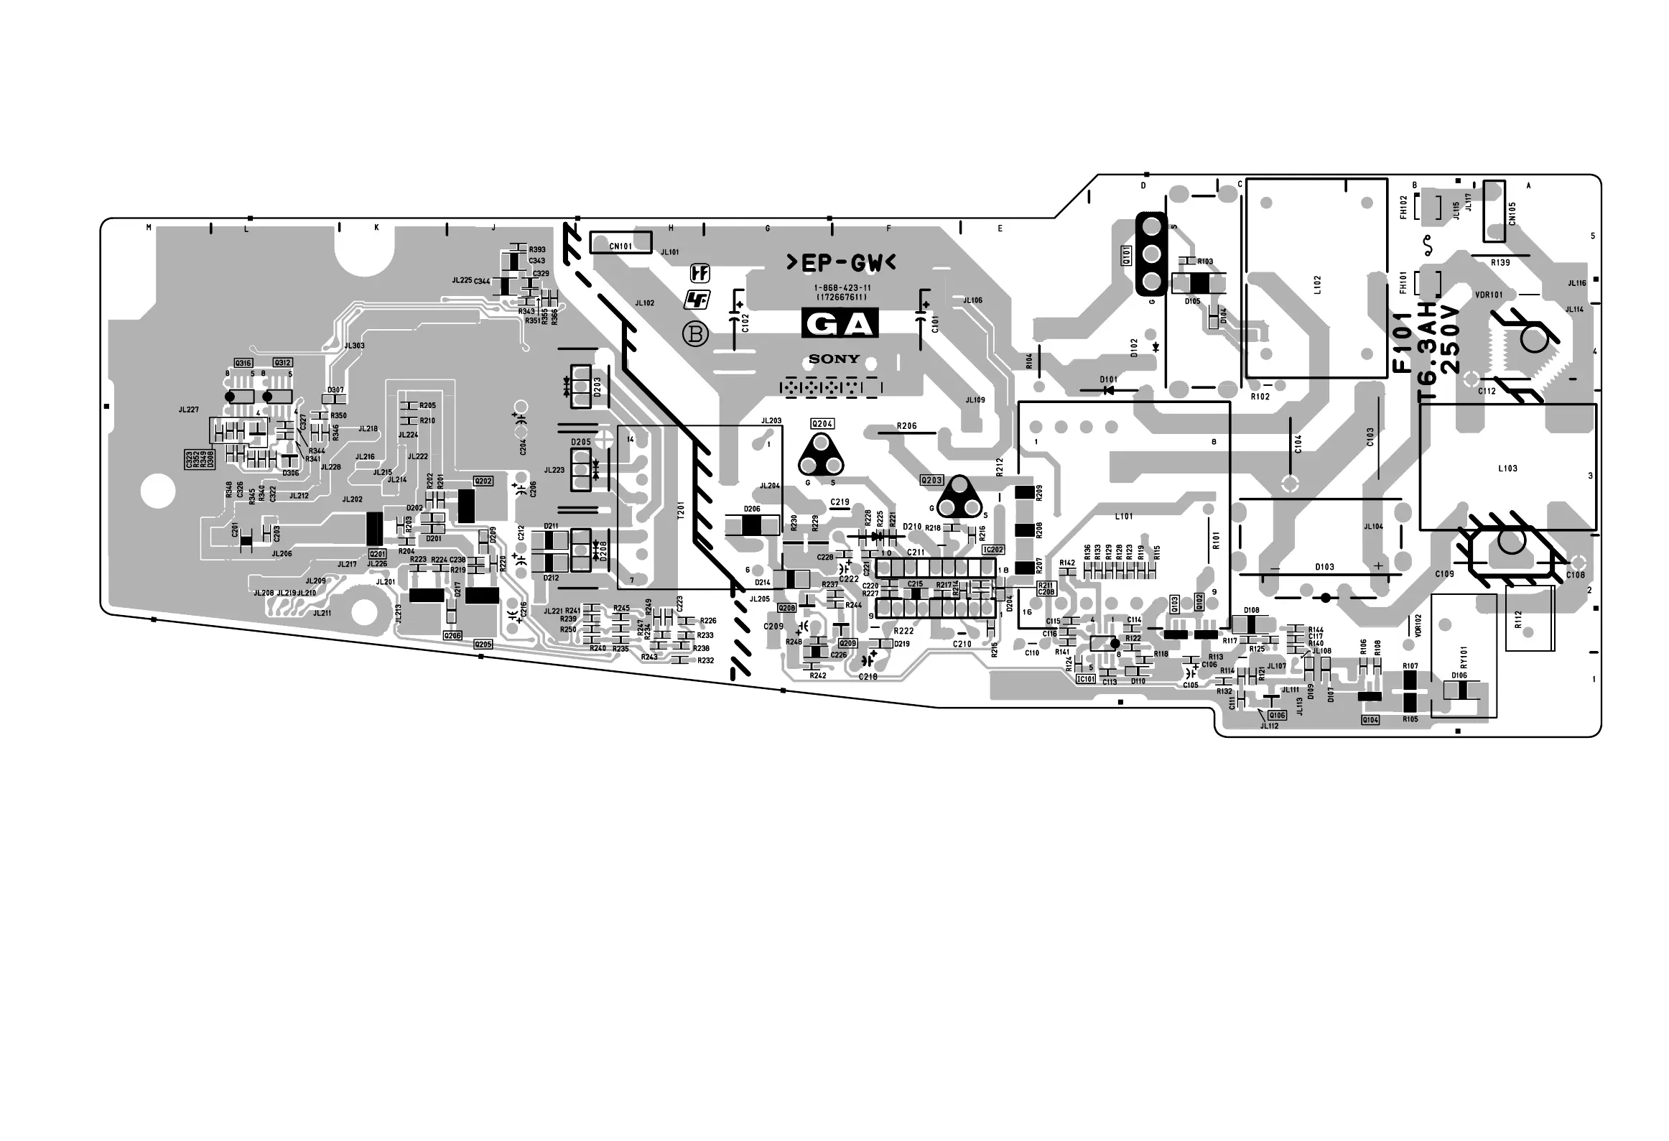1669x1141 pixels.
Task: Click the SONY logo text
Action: click(x=834, y=359)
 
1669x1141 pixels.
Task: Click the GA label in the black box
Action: click(x=840, y=325)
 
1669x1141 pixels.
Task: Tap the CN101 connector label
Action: click(x=620, y=246)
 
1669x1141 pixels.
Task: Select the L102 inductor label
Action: click(x=1316, y=285)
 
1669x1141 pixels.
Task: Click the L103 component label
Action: click(x=1507, y=468)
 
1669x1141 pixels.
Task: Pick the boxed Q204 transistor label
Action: click(x=822, y=424)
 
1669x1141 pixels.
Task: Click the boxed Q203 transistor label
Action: click(x=931, y=480)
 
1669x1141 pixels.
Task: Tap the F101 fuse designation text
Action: click(x=1402, y=346)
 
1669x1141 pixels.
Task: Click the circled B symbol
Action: click(x=695, y=334)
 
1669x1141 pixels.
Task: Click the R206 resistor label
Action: click(x=906, y=426)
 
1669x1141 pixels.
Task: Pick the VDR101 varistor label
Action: click(x=1489, y=295)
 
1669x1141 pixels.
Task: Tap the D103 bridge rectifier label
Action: click(x=1324, y=567)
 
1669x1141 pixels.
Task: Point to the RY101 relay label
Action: click(x=1464, y=657)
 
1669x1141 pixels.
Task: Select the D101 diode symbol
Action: click(x=1109, y=390)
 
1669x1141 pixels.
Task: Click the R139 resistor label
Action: click(x=1500, y=263)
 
